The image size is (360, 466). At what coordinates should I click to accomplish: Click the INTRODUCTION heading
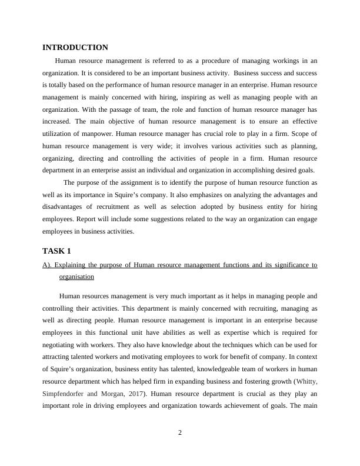75,48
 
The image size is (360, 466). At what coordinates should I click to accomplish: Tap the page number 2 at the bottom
180,434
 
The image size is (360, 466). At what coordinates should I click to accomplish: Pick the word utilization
59,134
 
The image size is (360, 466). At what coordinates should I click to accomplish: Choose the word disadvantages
67,207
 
